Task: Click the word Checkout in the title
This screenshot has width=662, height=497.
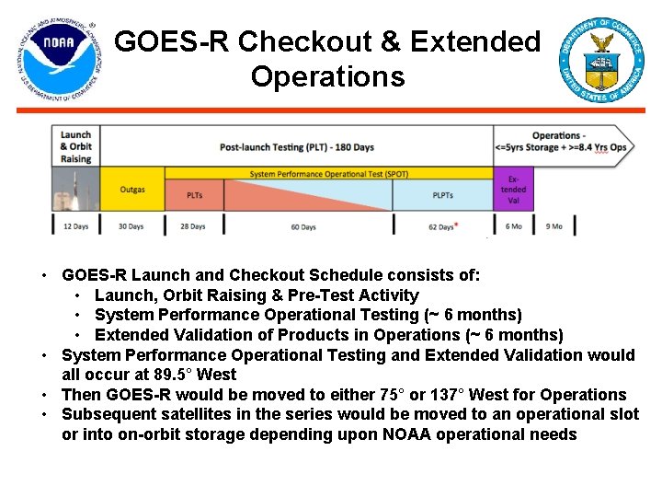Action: (319, 41)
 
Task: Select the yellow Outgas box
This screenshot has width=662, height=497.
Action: (131, 190)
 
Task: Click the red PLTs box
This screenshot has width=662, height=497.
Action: (194, 195)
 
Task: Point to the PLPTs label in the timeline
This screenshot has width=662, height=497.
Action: (442, 195)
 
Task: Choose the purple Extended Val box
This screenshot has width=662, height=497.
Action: (513, 189)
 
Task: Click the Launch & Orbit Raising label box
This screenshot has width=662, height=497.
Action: (75, 147)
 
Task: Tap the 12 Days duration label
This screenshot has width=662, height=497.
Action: (75, 226)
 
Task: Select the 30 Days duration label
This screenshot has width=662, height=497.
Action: (131, 226)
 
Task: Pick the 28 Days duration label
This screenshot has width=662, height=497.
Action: (193, 226)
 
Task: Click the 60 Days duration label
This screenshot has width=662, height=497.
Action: (302, 226)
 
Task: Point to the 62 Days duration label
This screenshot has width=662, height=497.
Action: (441, 226)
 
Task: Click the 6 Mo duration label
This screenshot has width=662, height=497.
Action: (513, 226)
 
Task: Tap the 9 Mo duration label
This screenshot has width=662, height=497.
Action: (554, 226)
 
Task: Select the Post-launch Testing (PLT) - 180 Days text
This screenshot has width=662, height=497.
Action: (296, 147)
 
